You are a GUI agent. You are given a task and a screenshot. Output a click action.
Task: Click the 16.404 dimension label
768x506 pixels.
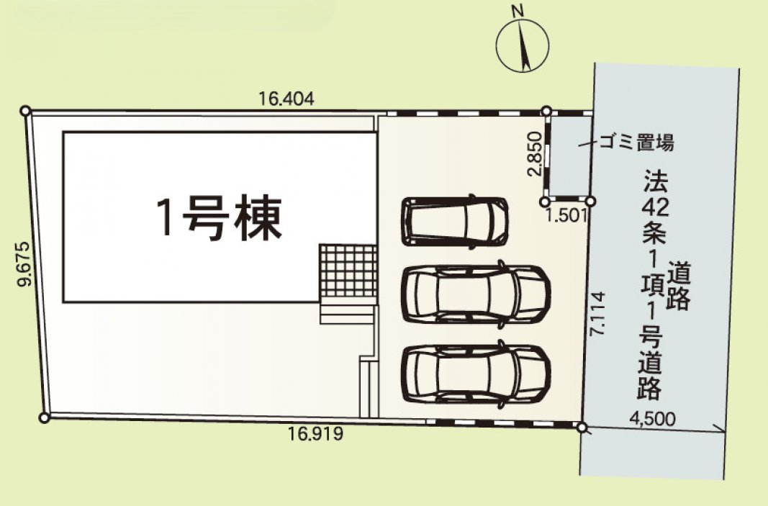coord(286,99)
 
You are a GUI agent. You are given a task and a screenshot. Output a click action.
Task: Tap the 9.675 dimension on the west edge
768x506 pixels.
coord(24,264)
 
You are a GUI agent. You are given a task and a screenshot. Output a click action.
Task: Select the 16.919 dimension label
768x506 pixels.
coord(315,433)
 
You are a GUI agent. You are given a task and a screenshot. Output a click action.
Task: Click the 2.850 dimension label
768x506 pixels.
coord(535,153)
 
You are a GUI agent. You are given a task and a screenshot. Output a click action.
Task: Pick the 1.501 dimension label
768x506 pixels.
coord(566,215)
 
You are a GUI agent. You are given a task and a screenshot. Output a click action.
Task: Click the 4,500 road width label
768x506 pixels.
coord(652,419)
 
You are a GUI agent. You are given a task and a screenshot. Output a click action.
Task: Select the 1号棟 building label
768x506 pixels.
coord(219,218)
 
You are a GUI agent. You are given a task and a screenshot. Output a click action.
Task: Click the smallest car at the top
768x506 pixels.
coord(454,222)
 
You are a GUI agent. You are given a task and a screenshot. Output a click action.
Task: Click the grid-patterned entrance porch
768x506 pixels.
coord(348,271)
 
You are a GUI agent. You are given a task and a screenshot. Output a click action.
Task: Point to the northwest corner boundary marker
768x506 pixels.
coord(25,111)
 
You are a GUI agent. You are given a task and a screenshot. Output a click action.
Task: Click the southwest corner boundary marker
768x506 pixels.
coord(44,418)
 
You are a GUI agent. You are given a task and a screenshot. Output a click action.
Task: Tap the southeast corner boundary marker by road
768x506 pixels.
coord(582,427)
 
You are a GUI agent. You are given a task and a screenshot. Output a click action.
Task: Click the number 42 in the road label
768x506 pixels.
coord(655,207)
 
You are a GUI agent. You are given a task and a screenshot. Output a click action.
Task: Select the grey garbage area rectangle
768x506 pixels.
coord(569,155)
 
